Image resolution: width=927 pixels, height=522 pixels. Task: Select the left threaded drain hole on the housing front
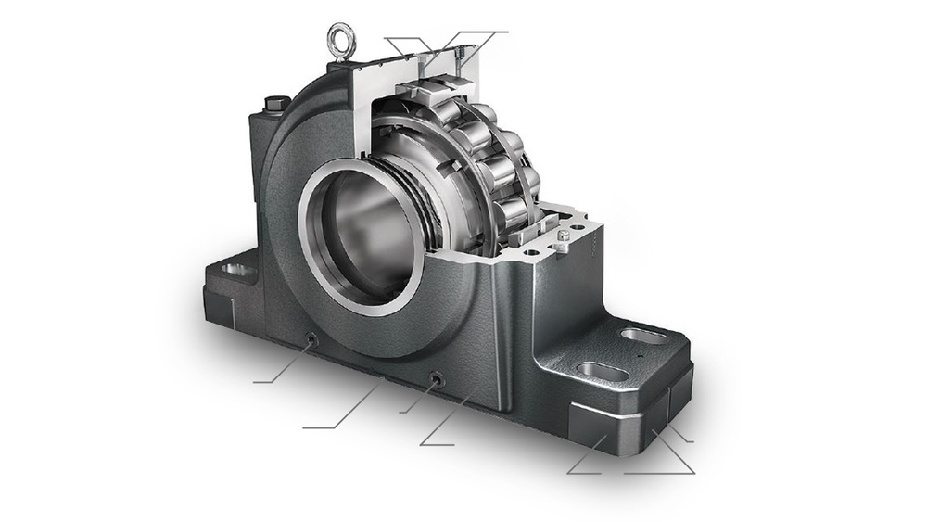(311, 340)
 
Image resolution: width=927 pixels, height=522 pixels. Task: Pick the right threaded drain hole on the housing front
(435, 378)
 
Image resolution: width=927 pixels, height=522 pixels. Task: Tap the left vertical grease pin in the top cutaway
(425, 63)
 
